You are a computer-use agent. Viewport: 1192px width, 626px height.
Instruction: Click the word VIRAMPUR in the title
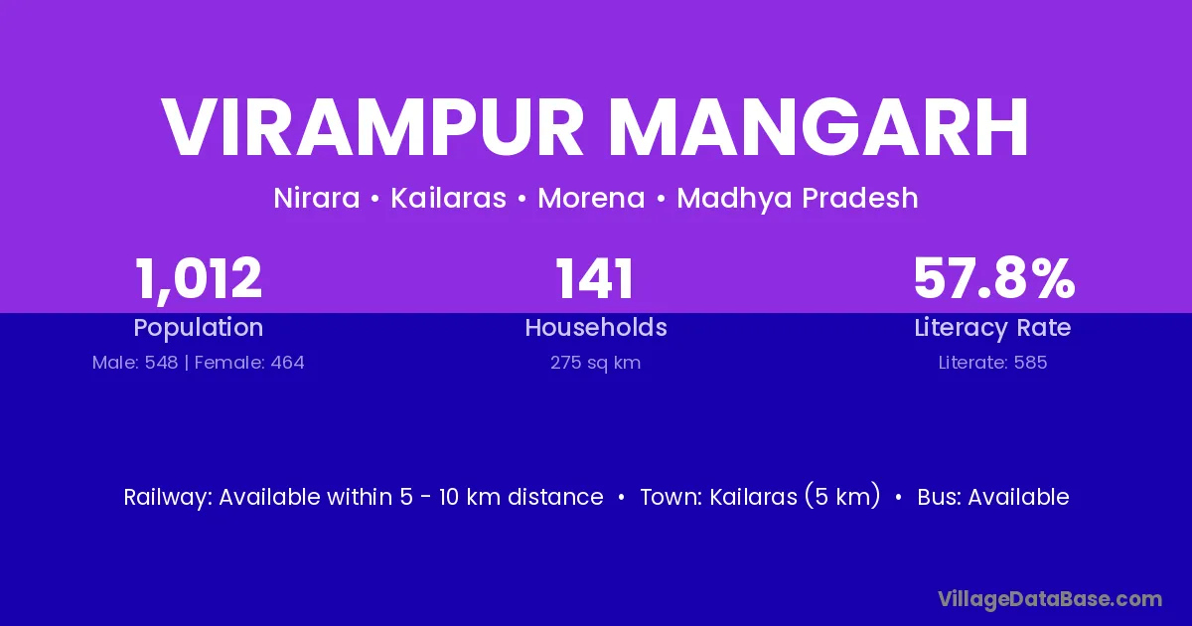point(372,128)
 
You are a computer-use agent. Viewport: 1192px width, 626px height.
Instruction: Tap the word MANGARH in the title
point(819,128)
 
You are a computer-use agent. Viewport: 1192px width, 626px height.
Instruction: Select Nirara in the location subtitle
point(317,198)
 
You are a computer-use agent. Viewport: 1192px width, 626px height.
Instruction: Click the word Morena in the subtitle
point(591,198)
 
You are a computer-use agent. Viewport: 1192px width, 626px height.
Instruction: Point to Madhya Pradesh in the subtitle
point(797,198)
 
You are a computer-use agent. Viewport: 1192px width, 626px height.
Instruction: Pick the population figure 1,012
point(199,279)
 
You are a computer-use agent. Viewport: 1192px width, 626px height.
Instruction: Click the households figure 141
point(595,279)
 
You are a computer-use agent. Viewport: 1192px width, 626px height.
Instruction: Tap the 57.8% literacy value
point(993,278)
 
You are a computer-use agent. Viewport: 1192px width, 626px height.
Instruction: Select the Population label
point(199,328)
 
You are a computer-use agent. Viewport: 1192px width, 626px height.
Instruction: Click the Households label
point(596,327)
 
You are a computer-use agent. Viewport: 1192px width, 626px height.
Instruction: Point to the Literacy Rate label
point(992,328)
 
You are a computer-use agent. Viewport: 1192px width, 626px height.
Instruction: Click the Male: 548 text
point(135,363)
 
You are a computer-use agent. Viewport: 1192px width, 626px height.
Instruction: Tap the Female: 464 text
point(249,363)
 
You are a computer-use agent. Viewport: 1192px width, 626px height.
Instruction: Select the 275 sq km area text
point(595,363)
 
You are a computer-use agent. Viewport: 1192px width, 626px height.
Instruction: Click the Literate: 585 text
point(992,363)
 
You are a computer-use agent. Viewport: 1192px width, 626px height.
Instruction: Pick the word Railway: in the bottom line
point(168,498)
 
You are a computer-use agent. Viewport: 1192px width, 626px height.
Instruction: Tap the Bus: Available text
point(993,497)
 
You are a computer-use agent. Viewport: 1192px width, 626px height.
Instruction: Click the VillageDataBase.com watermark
point(1050,599)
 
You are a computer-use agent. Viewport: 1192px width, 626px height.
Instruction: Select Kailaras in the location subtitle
point(449,198)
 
